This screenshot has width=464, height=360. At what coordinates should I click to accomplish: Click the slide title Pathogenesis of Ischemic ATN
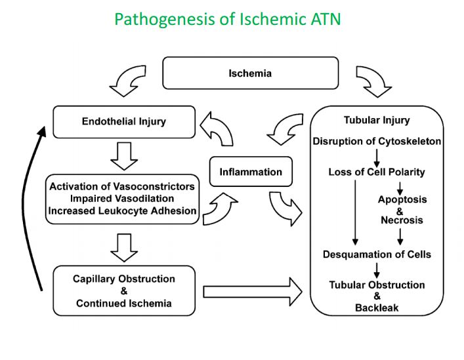(227, 19)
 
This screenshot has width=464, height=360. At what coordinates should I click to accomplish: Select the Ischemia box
(250, 73)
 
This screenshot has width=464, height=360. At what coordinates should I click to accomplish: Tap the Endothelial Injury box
(124, 121)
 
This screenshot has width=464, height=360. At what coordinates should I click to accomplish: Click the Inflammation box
(251, 172)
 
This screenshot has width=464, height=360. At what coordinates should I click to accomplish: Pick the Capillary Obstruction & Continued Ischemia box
(124, 290)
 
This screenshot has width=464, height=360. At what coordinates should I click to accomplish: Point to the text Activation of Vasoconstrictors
(122, 186)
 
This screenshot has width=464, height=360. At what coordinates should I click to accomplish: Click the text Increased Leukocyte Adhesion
(122, 210)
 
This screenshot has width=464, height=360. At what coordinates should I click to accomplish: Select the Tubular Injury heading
(377, 120)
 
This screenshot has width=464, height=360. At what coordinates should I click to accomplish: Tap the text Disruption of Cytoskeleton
(377, 141)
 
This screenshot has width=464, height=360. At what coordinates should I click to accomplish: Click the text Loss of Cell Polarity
(377, 172)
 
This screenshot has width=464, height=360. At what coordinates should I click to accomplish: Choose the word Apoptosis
(402, 199)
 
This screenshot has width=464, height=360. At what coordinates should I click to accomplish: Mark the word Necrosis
(402, 220)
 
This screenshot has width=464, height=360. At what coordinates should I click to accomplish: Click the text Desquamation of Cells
(377, 254)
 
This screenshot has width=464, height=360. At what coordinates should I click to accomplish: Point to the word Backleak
(377, 307)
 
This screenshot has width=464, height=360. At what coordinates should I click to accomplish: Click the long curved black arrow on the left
(41, 210)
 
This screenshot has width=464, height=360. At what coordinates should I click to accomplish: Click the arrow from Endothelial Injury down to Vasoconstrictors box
(124, 155)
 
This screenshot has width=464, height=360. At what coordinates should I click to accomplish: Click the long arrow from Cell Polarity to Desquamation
(355, 213)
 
